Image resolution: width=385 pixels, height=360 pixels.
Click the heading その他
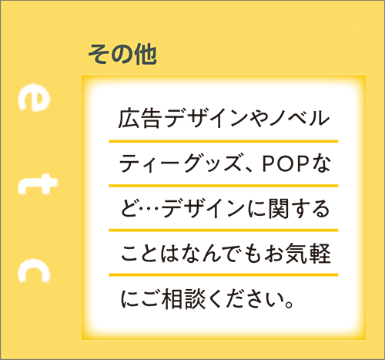click(x=122, y=54)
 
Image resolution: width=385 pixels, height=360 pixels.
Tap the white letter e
click(x=33, y=99)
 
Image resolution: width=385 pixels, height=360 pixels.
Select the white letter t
click(x=38, y=183)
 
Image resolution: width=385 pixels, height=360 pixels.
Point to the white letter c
click(x=34, y=271)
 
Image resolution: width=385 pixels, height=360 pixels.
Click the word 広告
click(x=140, y=119)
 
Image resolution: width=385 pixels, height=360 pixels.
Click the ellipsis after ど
click(x=150, y=209)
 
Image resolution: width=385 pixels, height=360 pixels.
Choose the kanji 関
click(x=279, y=209)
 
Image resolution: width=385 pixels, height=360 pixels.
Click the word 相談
click(x=183, y=298)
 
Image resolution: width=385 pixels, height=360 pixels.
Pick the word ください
click(x=246, y=298)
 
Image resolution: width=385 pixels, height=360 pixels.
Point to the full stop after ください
click(x=289, y=304)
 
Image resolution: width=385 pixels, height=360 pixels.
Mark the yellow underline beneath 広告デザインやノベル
click(x=223, y=141)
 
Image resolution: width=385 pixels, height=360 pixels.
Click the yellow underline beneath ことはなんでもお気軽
click(x=223, y=274)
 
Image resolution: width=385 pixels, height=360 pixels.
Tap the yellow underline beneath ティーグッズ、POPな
click(x=223, y=186)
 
